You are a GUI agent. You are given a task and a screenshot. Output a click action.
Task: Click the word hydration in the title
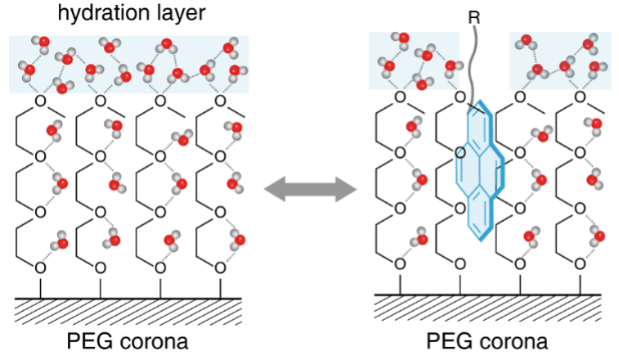103,13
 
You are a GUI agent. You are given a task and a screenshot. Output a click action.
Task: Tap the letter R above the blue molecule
474,17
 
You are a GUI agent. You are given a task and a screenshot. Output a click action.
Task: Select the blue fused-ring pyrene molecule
480,170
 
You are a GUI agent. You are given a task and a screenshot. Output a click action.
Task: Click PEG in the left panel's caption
87,341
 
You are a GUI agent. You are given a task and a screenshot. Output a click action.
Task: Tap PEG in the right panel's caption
447,341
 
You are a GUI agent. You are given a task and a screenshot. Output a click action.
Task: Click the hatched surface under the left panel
128,312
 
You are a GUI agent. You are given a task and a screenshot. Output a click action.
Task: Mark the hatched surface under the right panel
487,308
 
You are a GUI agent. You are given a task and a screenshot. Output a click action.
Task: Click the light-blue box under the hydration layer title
129,65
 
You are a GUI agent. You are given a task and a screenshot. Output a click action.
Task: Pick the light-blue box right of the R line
560,61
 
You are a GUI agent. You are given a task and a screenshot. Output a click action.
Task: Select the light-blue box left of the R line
414,61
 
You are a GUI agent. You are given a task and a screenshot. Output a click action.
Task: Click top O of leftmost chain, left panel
40,101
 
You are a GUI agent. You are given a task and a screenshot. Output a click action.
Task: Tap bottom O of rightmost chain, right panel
580,263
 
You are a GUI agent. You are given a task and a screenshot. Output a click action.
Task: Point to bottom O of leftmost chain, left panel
40,268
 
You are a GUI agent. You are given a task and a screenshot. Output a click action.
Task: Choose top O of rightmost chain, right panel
580,97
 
